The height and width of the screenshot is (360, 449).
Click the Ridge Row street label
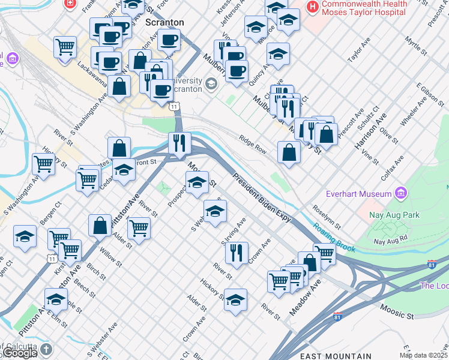tap(252, 143)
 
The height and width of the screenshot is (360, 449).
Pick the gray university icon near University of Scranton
tap(211, 83)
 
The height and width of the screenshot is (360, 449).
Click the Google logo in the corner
tap(19, 353)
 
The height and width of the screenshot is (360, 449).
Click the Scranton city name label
tap(164, 22)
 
